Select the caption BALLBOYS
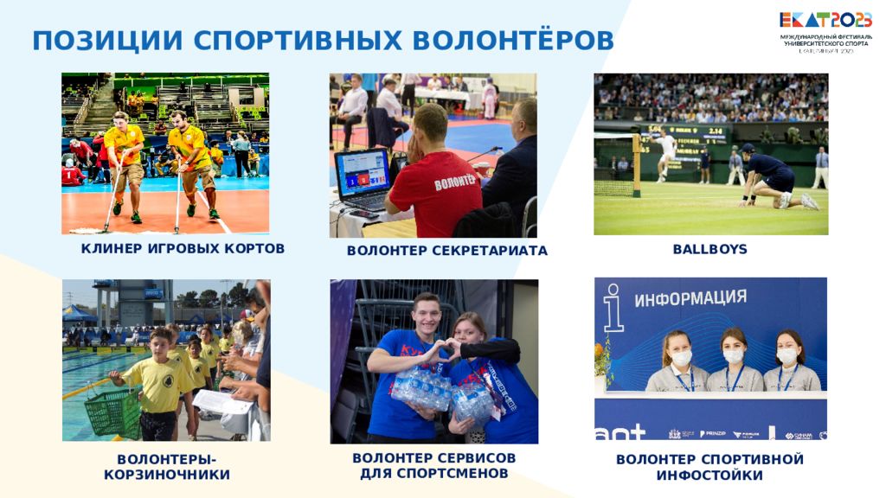709,249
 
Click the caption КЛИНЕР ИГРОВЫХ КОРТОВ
183,249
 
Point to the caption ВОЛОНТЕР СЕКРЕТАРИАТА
446,251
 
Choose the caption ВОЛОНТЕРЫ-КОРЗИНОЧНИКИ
167,467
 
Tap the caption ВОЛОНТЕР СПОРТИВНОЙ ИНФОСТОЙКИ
709,467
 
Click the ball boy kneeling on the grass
773,177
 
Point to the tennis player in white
664,152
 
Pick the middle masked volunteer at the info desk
734,361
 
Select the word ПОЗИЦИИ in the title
107,40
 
